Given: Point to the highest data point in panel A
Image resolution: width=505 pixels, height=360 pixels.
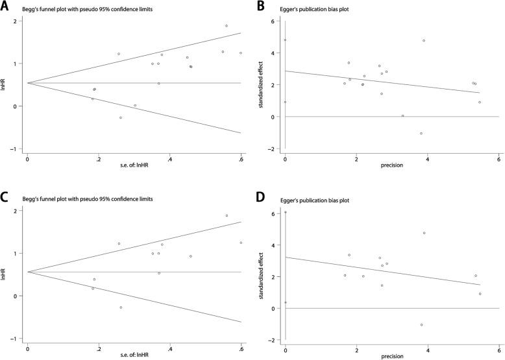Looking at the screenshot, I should [x=227, y=26].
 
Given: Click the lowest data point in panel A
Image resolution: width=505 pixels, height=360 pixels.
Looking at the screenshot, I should [x=121, y=117].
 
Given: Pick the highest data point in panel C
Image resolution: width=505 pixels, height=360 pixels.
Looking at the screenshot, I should [x=227, y=215].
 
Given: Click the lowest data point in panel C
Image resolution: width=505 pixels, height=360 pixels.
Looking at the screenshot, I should [x=121, y=307].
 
